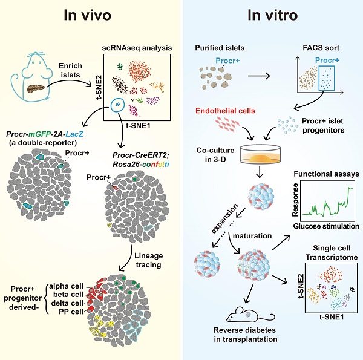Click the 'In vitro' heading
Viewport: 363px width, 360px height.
[272, 16]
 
